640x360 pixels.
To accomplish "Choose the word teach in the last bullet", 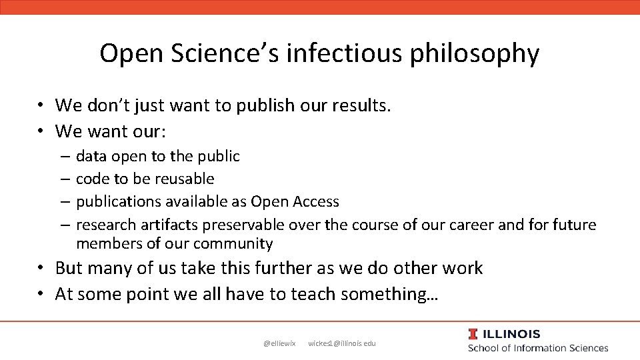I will (313, 293).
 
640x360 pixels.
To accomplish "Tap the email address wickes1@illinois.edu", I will (342, 343).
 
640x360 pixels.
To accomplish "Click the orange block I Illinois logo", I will (473, 335).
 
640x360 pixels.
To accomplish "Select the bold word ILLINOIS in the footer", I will (512, 335).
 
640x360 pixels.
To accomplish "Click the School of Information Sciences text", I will (538, 348).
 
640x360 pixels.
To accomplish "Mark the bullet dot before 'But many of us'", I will (41, 269).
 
